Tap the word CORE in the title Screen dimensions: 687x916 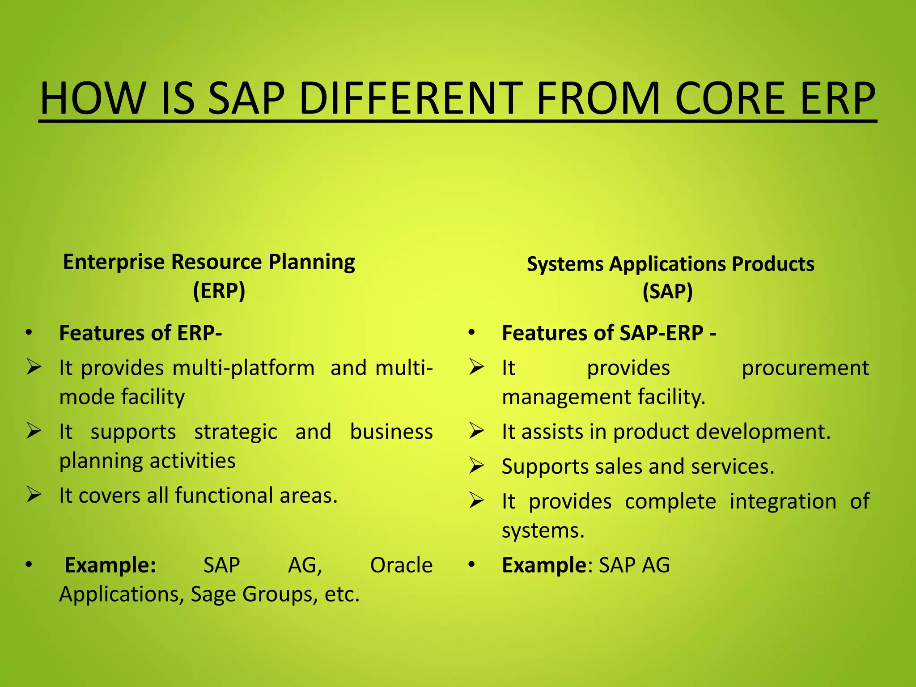click(x=729, y=98)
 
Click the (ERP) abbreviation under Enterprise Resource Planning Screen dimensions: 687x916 click(x=219, y=291)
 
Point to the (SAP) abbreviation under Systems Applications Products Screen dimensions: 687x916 click(x=668, y=292)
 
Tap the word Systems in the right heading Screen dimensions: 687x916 click(x=565, y=264)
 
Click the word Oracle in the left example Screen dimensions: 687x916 click(x=401, y=565)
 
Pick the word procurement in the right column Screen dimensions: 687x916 click(x=805, y=368)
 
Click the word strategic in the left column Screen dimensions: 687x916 click(x=236, y=432)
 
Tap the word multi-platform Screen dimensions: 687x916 click(x=243, y=368)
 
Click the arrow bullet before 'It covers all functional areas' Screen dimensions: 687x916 click(x=34, y=495)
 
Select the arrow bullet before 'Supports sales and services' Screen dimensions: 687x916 click(x=476, y=466)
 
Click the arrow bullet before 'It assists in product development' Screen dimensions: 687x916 click(x=476, y=431)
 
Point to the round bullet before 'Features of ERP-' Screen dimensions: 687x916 click(x=29, y=332)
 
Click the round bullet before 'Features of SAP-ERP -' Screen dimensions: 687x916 click(x=471, y=332)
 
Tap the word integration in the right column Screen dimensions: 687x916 click(x=783, y=501)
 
